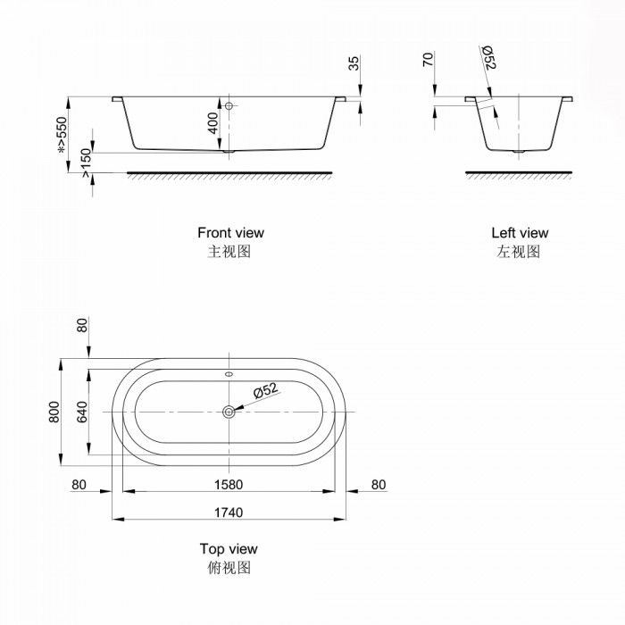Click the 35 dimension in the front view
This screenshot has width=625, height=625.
click(354, 62)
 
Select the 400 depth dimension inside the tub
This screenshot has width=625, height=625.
click(212, 121)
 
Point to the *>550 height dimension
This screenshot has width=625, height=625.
click(62, 135)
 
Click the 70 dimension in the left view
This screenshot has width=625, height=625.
click(428, 61)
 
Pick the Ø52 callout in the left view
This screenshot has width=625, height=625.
click(489, 60)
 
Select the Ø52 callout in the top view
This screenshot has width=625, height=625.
click(266, 391)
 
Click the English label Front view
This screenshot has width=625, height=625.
click(230, 233)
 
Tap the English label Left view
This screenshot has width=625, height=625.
click(520, 233)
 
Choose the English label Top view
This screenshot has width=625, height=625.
click(229, 549)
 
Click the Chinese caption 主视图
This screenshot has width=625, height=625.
click(230, 252)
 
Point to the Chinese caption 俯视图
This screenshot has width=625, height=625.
click(229, 568)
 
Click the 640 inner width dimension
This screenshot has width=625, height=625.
click(82, 412)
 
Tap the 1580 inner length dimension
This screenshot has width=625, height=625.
click(229, 485)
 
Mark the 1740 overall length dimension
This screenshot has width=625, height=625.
click(229, 512)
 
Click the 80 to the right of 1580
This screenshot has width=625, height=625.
click(378, 485)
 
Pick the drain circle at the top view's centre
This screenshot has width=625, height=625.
click(229, 411)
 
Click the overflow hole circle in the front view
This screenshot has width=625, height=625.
click(229, 106)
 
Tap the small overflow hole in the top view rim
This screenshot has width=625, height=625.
click(229, 374)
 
